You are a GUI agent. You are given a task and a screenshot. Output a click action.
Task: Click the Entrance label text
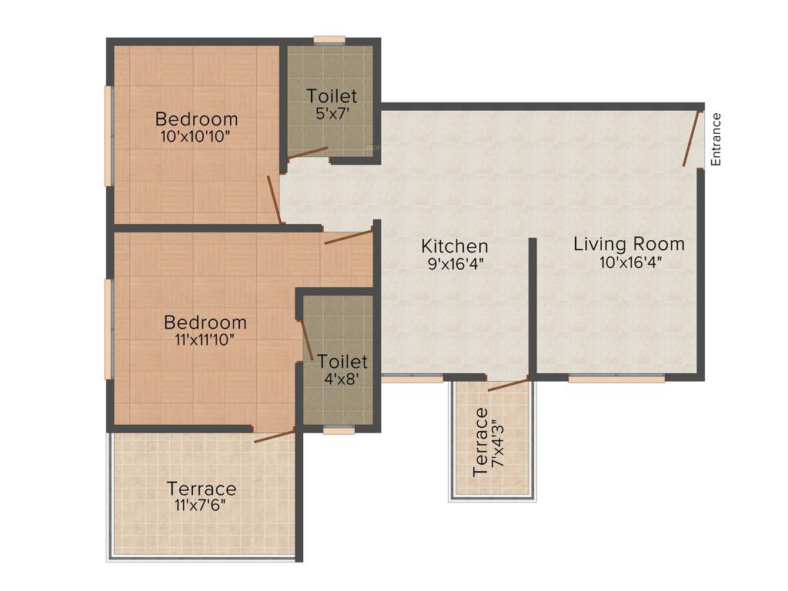(716, 139)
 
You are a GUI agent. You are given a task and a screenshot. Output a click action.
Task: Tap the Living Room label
(629, 245)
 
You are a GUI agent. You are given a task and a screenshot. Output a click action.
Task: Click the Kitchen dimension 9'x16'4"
(454, 263)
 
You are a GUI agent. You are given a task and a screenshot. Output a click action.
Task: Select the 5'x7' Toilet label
(332, 112)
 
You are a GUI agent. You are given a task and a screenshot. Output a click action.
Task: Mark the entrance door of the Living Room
(693, 139)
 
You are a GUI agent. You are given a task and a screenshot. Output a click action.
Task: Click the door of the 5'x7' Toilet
(307, 153)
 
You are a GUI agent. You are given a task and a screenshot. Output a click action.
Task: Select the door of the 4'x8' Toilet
(305, 339)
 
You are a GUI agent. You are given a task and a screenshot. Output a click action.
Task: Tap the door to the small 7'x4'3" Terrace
(508, 384)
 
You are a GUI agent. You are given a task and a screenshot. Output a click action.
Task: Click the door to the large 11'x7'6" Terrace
(274, 436)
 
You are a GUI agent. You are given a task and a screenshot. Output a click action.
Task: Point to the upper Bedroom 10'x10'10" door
(273, 199)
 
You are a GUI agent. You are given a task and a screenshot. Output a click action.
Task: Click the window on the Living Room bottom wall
(616, 379)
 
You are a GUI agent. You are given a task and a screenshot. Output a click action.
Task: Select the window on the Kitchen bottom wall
(412, 379)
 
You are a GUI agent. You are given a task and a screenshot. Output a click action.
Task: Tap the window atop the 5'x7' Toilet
(329, 40)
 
